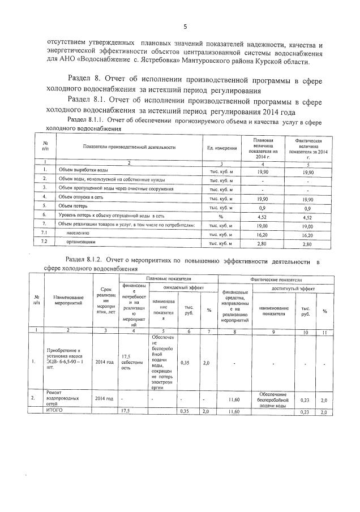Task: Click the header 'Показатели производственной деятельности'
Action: (128, 147)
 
